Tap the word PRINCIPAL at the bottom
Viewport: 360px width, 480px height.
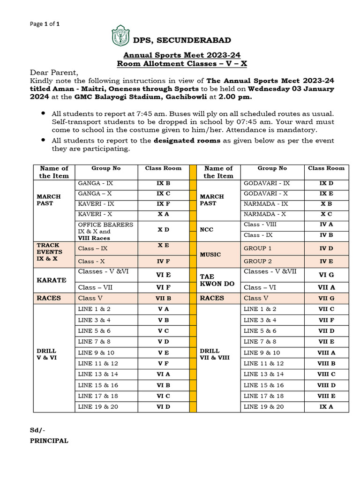pos(49,441)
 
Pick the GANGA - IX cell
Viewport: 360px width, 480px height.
pos(96,183)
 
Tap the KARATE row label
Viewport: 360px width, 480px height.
pos(51,280)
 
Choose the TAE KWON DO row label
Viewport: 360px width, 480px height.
pos(214,280)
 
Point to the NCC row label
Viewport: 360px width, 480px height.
pos(207,230)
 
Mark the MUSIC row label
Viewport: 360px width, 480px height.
pos(210,255)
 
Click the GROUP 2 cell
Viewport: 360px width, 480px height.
pos(258,261)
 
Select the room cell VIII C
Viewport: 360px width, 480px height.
pos(326,374)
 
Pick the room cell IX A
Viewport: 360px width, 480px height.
pos(326,407)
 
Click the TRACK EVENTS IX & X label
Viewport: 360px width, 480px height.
pos(49,252)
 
